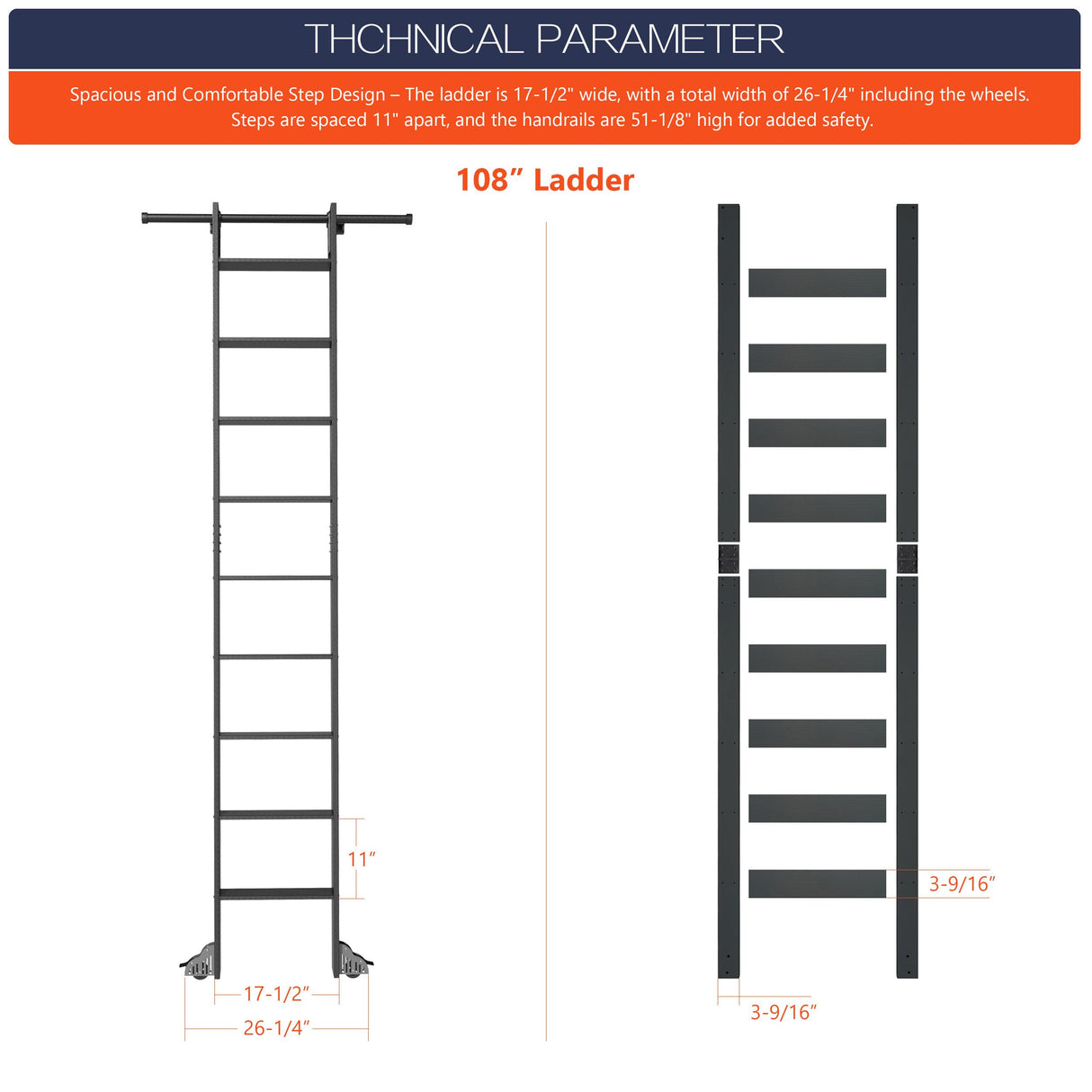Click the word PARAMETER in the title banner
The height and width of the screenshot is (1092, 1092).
[660, 40]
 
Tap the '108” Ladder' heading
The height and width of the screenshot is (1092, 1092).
[545, 180]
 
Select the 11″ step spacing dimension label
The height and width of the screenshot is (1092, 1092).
[361, 859]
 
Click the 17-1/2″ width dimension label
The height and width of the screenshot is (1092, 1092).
[276, 993]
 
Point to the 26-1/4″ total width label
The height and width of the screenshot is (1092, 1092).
[276, 1027]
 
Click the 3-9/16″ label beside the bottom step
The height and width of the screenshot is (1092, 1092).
[962, 883]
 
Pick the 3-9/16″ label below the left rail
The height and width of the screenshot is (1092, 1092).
[783, 1012]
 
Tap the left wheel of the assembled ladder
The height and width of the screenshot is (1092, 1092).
[200, 962]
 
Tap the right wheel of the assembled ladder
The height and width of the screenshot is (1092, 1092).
[354, 962]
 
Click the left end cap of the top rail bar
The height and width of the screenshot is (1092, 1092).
[146, 218]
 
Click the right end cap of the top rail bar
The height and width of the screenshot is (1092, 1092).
[407, 218]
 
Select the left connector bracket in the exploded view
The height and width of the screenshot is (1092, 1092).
[728, 559]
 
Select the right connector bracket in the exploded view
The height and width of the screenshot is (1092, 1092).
[907, 559]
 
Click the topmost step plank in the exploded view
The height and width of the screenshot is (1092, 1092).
[817, 282]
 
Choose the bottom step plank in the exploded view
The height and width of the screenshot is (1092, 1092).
[817, 883]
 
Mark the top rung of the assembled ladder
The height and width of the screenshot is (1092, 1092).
[274, 265]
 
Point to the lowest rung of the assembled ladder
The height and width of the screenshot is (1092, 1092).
[274, 893]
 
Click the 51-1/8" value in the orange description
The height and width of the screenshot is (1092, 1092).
[659, 120]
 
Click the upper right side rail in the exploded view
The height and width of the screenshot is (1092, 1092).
[907, 369]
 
